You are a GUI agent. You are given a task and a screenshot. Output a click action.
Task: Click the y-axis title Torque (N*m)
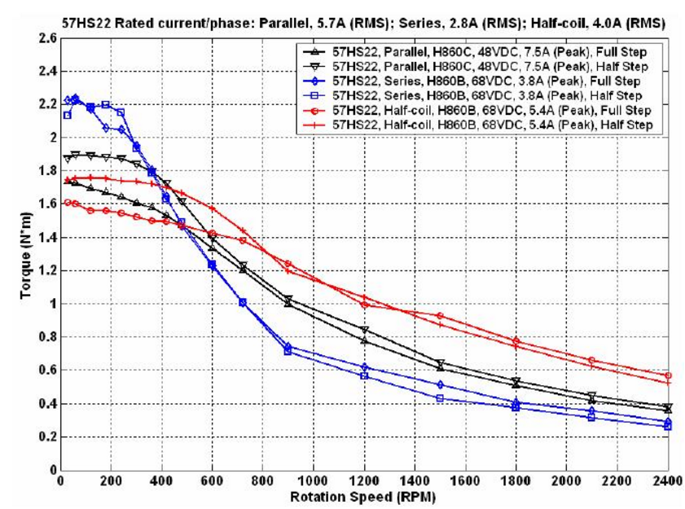(x=26, y=256)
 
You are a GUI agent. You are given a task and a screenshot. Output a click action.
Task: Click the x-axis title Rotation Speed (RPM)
(x=362, y=497)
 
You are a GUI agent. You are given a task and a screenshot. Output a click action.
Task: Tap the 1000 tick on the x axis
(x=313, y=480)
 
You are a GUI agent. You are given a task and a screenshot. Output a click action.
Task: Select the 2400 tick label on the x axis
(x=668, y=480)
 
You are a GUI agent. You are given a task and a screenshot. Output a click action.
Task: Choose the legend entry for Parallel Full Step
(x=475, y=52)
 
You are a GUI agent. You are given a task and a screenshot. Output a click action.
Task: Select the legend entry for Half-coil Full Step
(x=476, y=110)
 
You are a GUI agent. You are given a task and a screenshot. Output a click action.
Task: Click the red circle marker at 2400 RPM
(x=668, y=375)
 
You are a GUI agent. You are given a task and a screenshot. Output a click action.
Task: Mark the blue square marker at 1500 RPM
(x=440, y=398)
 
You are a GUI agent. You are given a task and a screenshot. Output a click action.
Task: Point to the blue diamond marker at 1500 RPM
(x=440, y=385)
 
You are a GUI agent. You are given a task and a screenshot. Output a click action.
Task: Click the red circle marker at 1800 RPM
(x=516, y=340)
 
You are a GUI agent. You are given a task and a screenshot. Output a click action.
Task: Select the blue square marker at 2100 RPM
(x=591, y=418)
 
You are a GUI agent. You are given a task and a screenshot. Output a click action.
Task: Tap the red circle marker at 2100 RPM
(x=591, y=361)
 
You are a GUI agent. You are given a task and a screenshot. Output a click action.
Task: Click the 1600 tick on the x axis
(x=465, y=480)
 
